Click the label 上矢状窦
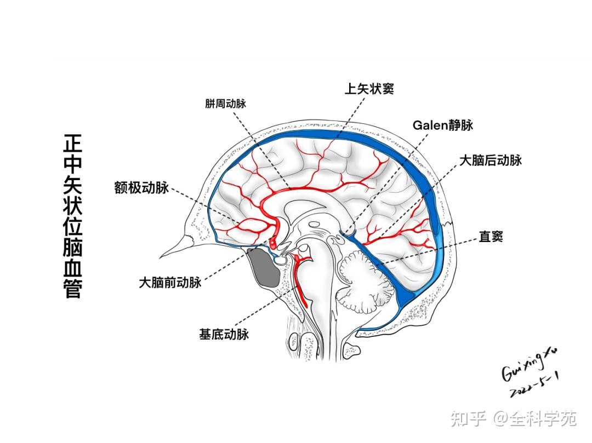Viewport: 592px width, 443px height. [x=368, y=88]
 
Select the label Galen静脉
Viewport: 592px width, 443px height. [x=442, y=125]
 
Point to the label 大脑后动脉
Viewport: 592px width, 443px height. [x=490, y=160]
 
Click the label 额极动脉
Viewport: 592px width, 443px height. [x=141, y=187]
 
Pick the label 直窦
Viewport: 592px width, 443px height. [x=491, y=237]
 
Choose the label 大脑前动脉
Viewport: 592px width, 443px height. [x=170, y=283]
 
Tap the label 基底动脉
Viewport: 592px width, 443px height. [x=224, y=333]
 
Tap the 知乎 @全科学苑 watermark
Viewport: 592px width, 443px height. [x=513, y=419]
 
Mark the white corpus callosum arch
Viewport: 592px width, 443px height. [x=307, y=203]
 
